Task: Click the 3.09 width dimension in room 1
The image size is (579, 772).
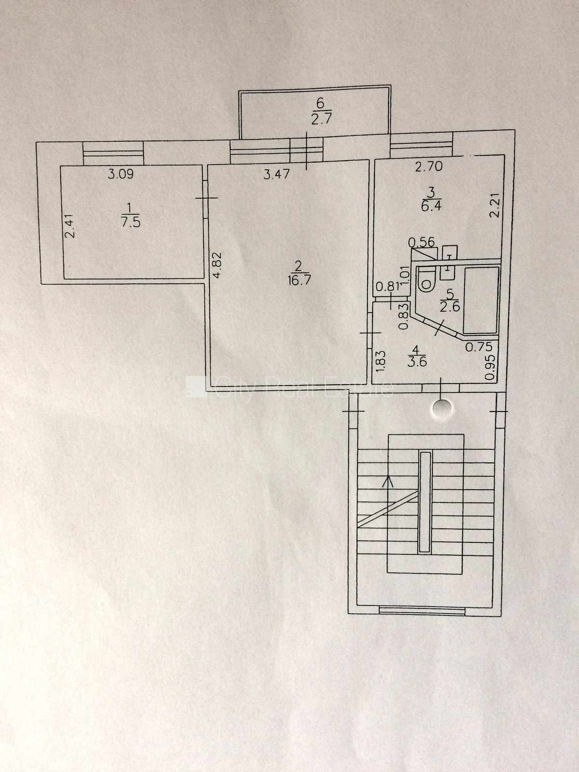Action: point(121,174)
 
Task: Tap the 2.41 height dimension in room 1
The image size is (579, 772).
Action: point(70,226)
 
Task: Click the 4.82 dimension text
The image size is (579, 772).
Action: point(217,265)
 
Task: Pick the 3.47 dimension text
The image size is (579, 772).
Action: point(277,174)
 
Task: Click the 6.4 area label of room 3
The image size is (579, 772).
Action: point(432,205)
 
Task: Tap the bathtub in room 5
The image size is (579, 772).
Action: point(481,300)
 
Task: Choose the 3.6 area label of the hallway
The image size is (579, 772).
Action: point(417,361)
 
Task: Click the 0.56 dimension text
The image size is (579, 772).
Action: point(422,242)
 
